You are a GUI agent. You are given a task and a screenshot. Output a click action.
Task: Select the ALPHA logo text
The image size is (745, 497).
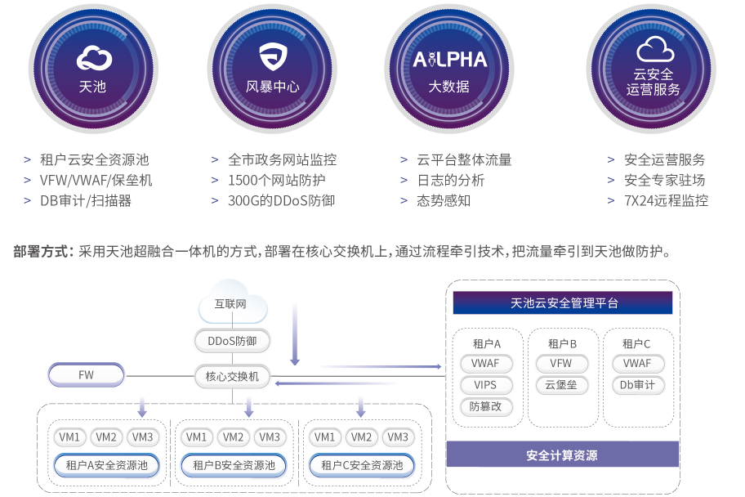point(449,59)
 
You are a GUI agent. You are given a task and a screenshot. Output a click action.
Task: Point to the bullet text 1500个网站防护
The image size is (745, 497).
point(277,180)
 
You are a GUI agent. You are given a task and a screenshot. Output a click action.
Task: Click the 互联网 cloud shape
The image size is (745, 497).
point(233,305)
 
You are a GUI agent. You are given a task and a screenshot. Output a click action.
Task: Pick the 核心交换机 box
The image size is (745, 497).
point(232,376)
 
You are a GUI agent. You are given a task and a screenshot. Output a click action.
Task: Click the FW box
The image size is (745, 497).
point(86,376)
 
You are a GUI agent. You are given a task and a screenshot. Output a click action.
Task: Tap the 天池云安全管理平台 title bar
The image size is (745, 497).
point(563,303)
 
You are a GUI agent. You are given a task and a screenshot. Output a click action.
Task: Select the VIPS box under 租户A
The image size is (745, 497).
point(485,385)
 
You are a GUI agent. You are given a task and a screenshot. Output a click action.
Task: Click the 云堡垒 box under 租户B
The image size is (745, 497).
point(561,385)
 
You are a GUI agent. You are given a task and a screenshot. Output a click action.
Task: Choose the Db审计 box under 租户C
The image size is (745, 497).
point(637,385)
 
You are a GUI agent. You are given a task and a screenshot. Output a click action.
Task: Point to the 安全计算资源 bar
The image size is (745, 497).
point(563,454)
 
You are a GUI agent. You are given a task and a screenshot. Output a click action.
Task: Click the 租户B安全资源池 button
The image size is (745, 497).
point(234,465)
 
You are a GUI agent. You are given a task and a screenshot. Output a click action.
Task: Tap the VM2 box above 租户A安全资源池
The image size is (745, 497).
point(107,437)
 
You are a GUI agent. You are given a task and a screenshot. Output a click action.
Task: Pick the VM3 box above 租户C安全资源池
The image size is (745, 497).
point(397,437)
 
